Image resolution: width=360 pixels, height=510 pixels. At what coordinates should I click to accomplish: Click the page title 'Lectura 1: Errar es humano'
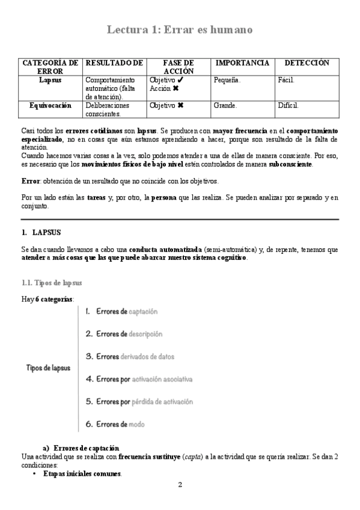(x=180, y=29)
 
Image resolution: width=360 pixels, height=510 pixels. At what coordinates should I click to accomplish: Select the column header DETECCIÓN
(x=307, y=63)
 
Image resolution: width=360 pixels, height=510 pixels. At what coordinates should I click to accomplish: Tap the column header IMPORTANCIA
(x=242, y=63)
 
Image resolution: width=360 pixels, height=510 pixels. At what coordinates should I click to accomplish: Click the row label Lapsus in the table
(x=50, y=79)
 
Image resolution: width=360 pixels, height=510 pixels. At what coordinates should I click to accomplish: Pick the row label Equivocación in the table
(x=50, y=105)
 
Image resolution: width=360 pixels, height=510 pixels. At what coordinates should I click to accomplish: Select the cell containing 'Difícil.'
(x=288, y=105)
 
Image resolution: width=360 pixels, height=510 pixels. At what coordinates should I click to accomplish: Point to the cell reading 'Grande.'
(x=225, y=105)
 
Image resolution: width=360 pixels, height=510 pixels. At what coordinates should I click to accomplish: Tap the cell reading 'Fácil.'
(x=285, y=79)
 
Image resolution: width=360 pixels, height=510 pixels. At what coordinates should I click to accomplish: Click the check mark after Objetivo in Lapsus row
(x=182, y=79)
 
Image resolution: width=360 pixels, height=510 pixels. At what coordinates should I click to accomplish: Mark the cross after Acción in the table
(x=175, y=88)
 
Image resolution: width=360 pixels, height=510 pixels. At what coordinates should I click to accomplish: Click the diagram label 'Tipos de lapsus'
(x=48, y=367)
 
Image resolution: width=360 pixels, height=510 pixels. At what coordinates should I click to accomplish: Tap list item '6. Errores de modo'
(x=114, y=425)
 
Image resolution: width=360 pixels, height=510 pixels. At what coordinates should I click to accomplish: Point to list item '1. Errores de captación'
(x=121, y=312)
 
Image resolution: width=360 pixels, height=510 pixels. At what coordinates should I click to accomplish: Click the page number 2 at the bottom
(x=180, y=485)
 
